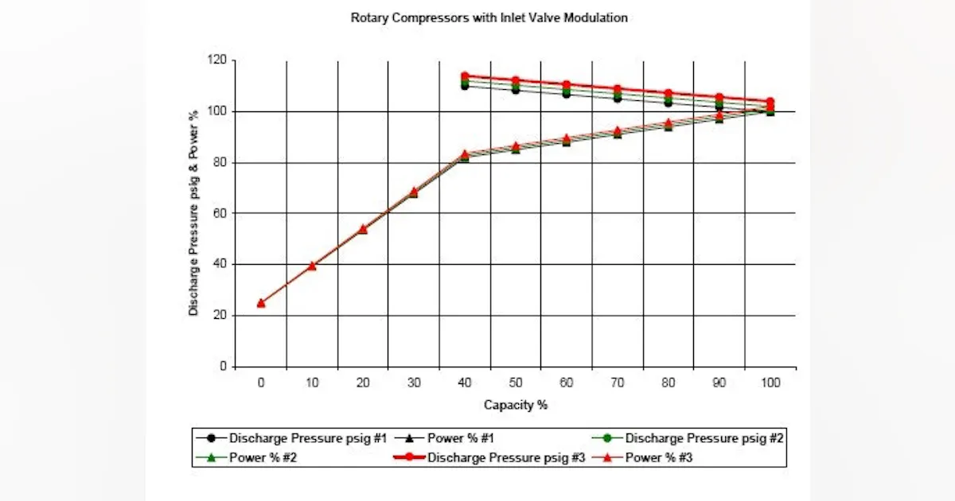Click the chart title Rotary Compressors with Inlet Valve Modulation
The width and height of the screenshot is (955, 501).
[x=489, y=17]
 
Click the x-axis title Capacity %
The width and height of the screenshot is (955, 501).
[x=516, y=405]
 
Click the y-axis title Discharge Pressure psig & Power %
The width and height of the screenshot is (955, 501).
[x=193, y=213]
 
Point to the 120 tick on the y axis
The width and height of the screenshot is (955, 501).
[x=216, y=60]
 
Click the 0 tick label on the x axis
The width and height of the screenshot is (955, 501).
[x=261, y=383]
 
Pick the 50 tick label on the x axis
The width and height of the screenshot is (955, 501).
[x=516, y=383]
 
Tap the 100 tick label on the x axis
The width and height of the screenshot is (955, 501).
[x=770, y=383]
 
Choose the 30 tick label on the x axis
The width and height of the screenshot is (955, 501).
[x=414, y=383]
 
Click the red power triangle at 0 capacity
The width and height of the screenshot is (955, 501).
[x=261, y=302]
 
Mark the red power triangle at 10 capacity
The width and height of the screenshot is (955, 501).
[x=312, y=266]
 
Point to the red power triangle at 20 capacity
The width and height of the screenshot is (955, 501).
[x=363, y=228]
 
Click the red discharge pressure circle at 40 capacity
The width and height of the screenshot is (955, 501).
[x=465, y=76]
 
